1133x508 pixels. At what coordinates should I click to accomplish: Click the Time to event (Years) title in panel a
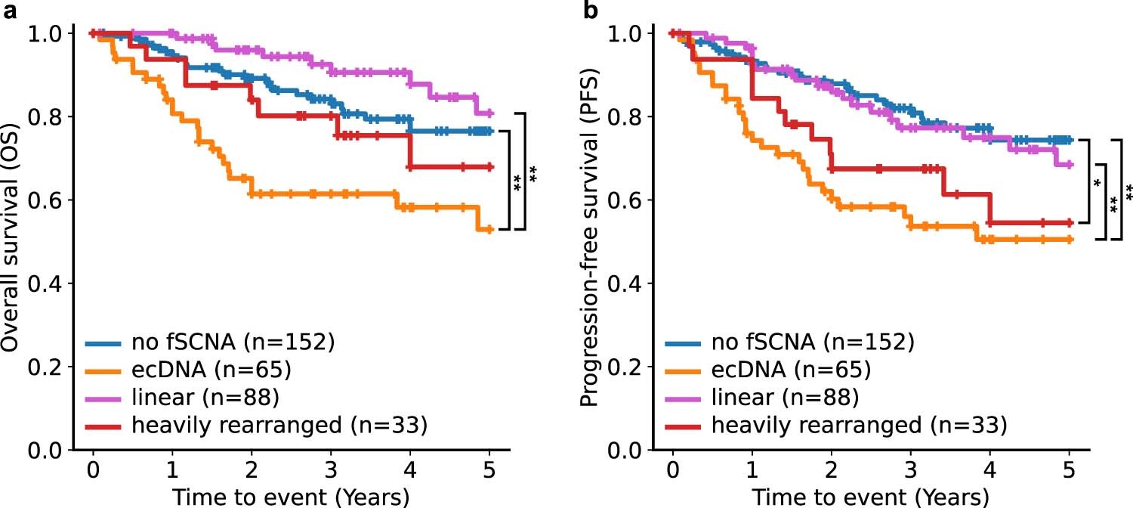291,497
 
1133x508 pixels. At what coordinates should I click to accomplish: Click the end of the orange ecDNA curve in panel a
489,229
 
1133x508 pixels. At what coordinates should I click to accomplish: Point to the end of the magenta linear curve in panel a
489,113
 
